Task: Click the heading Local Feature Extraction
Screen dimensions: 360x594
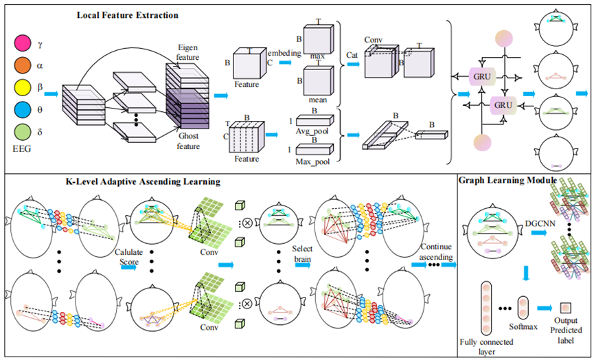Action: point(128,14)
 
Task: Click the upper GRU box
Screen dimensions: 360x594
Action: point(481,78)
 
